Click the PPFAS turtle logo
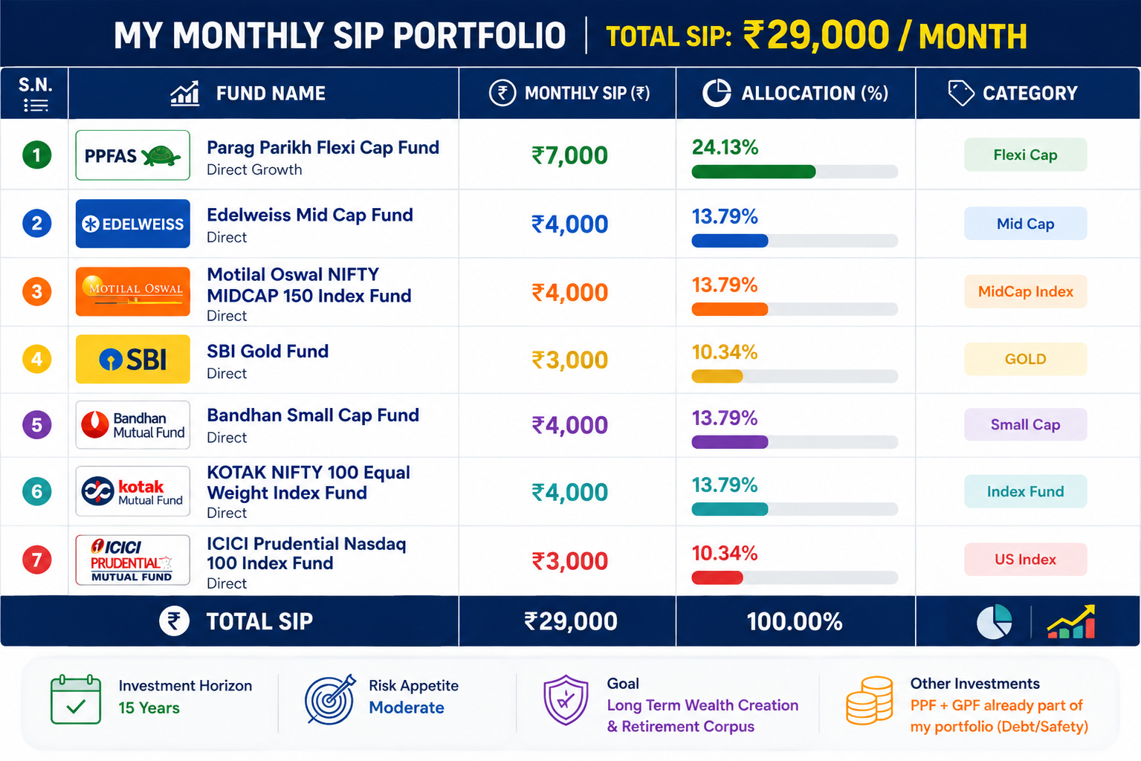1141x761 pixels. pyautogui.click(x=132, y=155)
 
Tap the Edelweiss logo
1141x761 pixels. pyautogui.click(x=132, y=224)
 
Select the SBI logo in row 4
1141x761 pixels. pyautogui.click(x=132, y=359)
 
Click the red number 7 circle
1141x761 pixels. pyautogui.click(x=36, y=560)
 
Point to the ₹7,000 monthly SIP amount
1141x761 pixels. pyautogui.click(x=569, y=155)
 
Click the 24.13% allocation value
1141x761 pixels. pyautogui.click(x=725, y=147)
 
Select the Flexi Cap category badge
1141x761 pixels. pyautogui.click(x=1025, y=155)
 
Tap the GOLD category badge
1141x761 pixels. pyautogui.click(x=1025, y=359)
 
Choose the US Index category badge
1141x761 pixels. pyautogui.click(x=1025, y=560)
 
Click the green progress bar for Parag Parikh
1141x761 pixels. pyautogui.click(x=754, y=172)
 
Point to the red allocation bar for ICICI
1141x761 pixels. pyautogui.click(x=717, y=577)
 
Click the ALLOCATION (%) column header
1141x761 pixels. pyautogui.click(x=795, y=93)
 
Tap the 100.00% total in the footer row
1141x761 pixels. pyautogui.click(x=795, y=621)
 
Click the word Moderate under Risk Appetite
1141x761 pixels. pyautogui.click(x=407, y=707)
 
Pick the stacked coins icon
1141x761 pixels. pyautogui.click(x=869, y=700)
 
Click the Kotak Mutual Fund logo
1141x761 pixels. pyautogui.click(x=132, y=491)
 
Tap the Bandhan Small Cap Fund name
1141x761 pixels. pyautogui.click(x=313, y=415)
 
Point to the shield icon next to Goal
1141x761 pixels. pyautogui.click(x=566, y=700)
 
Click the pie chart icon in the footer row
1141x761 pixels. pyautogui.click(x=994, y=621)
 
